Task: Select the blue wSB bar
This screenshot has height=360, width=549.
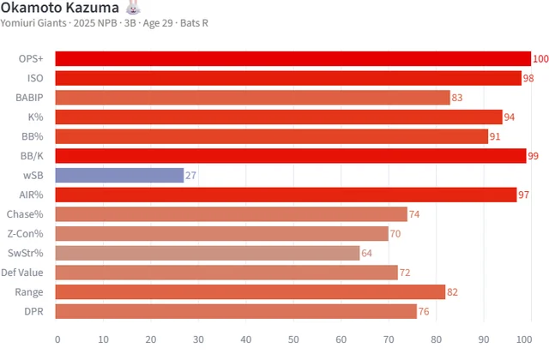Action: tap(119, 175)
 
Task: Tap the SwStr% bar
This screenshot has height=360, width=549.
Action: tap(208, 253)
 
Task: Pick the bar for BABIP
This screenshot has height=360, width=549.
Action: tap(253, 98)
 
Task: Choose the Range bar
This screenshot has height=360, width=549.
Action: tap(250, 291)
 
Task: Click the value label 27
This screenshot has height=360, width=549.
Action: tap(190, 175)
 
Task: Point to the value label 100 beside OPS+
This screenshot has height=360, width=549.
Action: tap(540, 59)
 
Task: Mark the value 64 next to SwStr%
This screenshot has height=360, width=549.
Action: tap(367, 253)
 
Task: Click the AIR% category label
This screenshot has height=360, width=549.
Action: tap(32, 195)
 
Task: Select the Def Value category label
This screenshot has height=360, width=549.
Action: tap(25, 273)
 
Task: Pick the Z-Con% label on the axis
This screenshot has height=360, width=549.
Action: tap(26, 233)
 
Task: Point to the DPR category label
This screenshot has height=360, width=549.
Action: tap(34, 311)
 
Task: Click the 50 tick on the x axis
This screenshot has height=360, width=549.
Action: tap(293, 339)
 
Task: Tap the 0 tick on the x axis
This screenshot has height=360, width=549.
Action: tap(57, 339)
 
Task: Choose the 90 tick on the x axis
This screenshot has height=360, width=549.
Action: tap(484, 339)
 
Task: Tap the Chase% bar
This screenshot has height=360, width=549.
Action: tap(232, 214)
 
